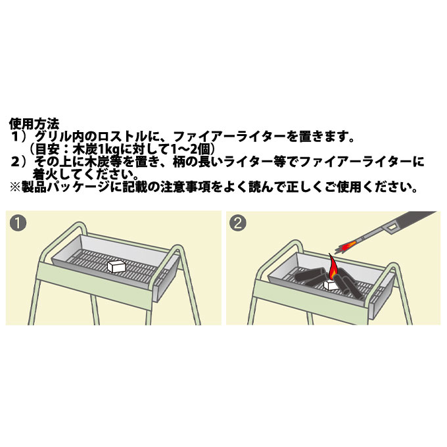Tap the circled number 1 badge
(20, 223)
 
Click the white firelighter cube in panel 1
(116, 266)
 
